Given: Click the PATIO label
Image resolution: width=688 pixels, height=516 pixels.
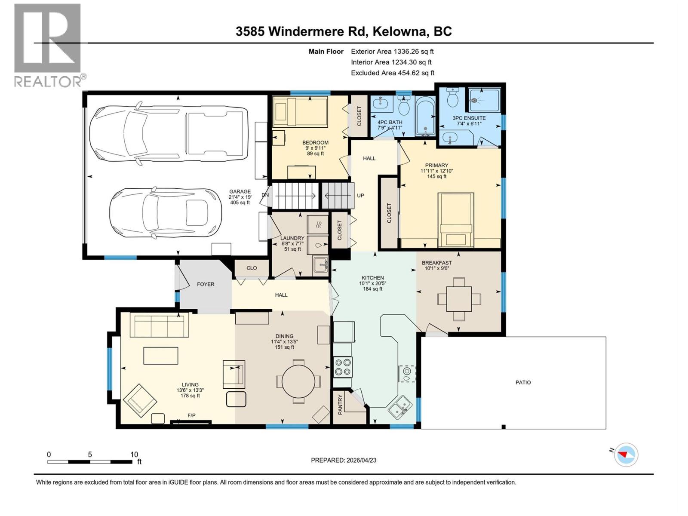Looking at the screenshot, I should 523,382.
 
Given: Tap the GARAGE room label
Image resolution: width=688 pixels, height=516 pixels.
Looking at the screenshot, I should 240,192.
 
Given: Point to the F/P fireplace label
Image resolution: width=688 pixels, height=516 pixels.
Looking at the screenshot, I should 191,415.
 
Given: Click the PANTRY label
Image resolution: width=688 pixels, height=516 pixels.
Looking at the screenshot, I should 340,404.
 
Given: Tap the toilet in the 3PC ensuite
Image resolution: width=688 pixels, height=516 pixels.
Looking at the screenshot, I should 452,98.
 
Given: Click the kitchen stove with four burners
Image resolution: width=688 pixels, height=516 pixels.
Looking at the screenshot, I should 343,367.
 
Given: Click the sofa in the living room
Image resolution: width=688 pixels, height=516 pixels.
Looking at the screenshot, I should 159,326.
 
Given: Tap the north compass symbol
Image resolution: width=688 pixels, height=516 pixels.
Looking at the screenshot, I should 626,454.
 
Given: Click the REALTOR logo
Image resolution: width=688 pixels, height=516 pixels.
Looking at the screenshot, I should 48,45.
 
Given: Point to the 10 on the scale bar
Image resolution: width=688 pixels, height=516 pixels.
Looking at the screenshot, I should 134,455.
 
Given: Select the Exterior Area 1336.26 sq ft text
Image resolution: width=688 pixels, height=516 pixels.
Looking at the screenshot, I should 392,51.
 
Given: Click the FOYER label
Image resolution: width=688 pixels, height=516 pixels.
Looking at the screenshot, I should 206,284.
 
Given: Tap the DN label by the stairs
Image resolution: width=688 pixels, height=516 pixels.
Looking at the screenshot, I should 265,195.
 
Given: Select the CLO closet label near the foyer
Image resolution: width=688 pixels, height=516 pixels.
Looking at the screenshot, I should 252,268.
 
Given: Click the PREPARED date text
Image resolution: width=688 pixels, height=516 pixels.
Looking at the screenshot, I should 343,460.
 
